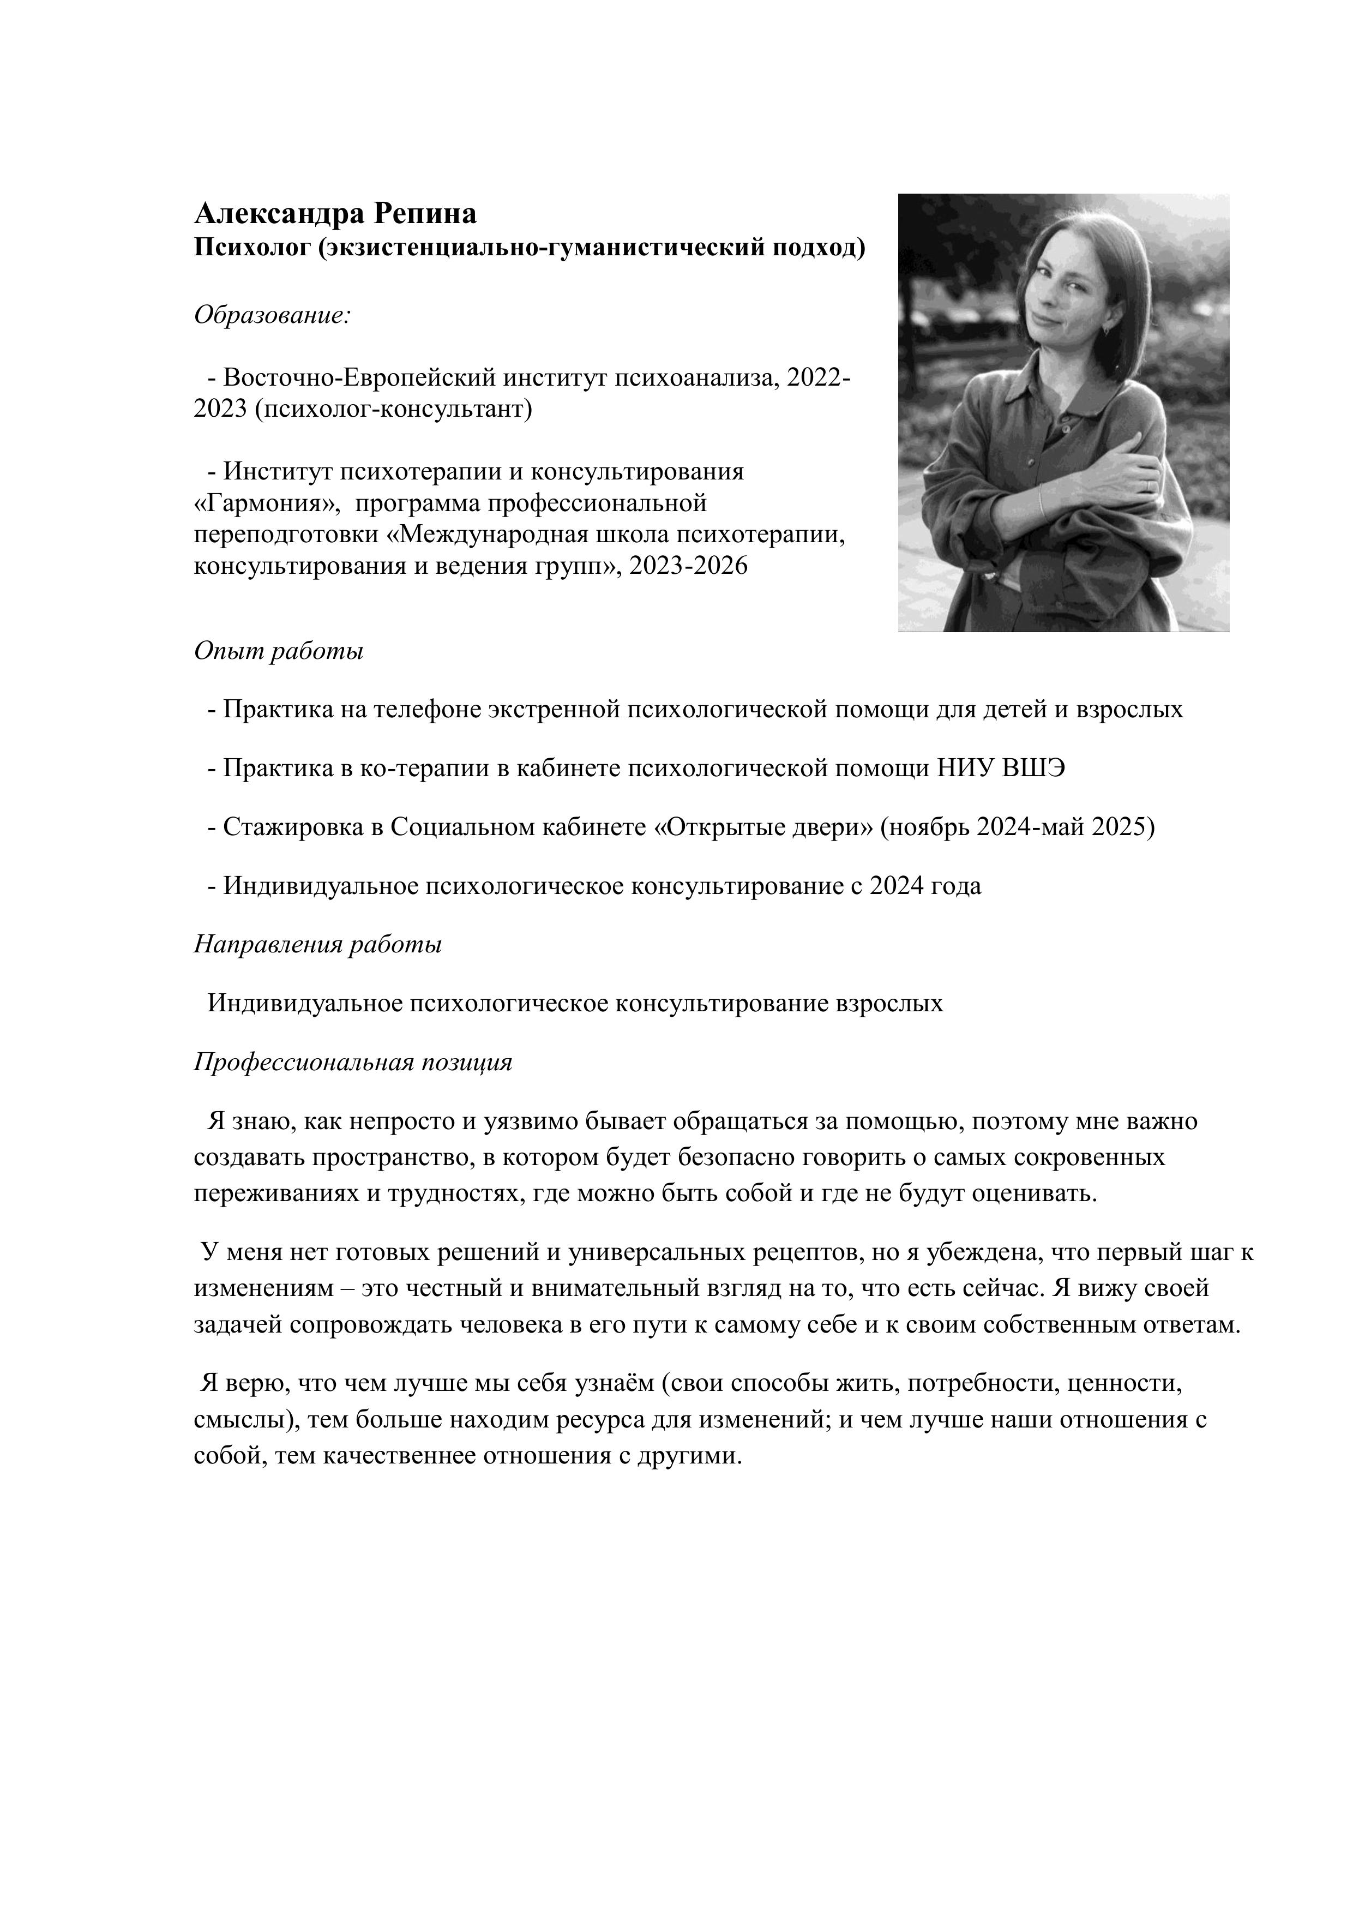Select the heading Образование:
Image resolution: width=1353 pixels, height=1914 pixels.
pos(272,316)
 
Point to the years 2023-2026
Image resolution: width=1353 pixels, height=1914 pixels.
pos(689,566)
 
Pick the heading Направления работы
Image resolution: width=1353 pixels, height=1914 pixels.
pos(317,945)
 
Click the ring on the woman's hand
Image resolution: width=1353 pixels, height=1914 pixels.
pos(1151,484)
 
